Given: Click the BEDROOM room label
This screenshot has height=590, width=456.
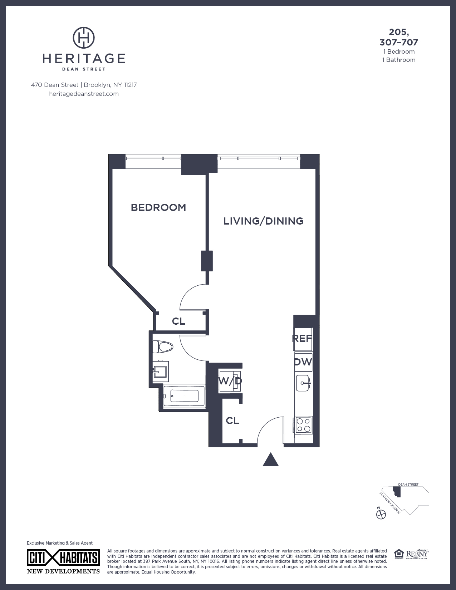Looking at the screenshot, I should tap(158, 207).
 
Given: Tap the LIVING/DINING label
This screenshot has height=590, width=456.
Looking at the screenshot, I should tap(263, 221).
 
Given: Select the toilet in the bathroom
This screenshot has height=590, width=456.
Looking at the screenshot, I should tap(163, 346).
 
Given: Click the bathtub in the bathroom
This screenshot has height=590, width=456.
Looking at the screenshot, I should tap(184, 396).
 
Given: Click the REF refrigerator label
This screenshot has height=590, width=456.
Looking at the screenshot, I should tap(303, 338).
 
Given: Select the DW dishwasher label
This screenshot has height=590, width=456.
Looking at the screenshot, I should tap(303, 362).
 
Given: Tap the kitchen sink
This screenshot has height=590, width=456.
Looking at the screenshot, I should tap(303, 383).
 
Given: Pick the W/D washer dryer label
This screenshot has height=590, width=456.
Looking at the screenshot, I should tap(230, 381).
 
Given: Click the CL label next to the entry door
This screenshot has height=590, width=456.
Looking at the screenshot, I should tap(232, 421).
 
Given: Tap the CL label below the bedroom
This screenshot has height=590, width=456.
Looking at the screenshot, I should tap(178, 321).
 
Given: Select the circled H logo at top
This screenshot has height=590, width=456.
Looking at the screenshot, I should tap(84, 37).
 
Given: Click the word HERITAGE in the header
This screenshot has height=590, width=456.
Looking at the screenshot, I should tap(84, 58).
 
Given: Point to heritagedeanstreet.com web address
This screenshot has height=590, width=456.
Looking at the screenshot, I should tap(84, 94).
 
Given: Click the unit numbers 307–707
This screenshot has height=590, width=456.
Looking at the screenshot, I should tap(399, 43).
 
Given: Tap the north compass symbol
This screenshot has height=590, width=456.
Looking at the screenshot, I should tap(381, 514).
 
